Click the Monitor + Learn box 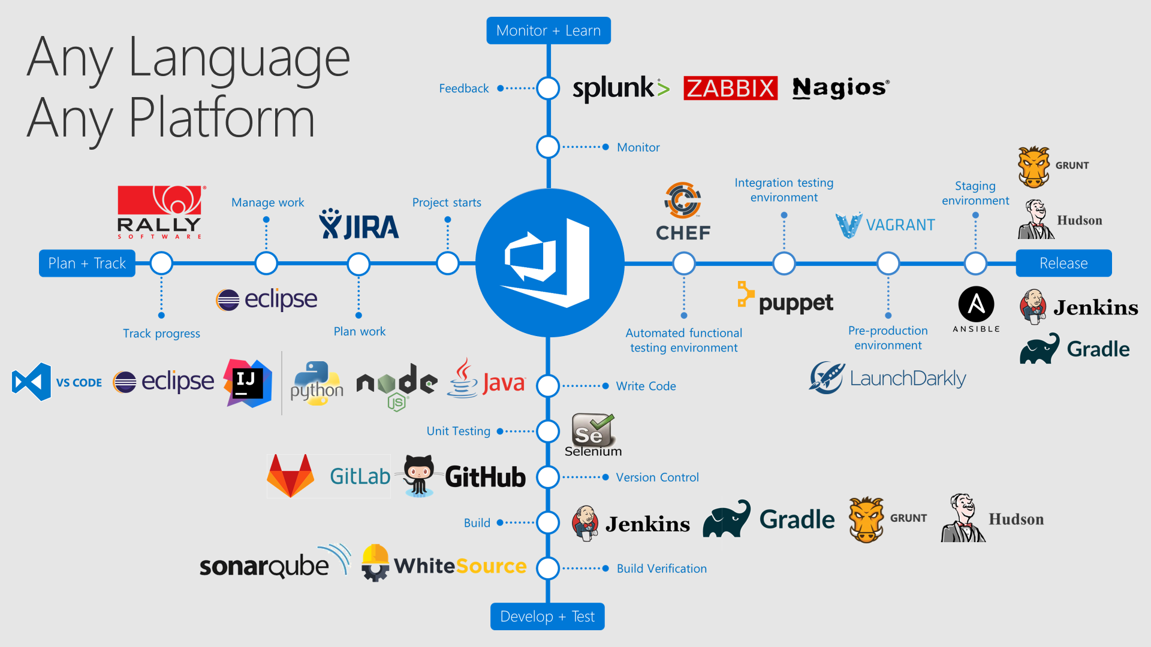tap(548, 31)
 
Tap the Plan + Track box tap(87, 264)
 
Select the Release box tap(1063, 264)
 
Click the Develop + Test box tap(547, 616)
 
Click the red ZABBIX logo tap(730, 88)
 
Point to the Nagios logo tap(840, 88)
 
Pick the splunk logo tap(620, 89)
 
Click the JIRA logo tap(358, 225)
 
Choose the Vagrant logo tap(885, 225)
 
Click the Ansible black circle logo tap(976, 305)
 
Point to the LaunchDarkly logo tap(887, 378)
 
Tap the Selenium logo tap(592, 435)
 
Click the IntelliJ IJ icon tap(248, 383)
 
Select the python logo tap(317, 383)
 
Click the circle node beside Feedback tap(548, 88)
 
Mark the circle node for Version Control tap(548, 477)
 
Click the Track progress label tap(161, 334)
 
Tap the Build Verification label tap(661, 569)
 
